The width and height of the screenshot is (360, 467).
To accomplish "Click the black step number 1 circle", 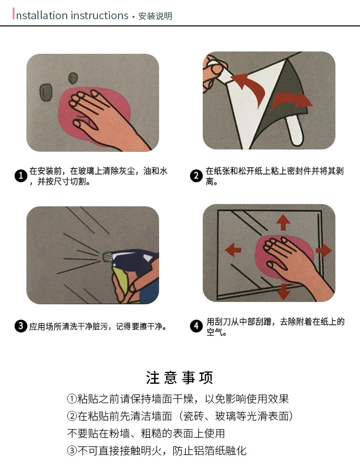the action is pos(21,176).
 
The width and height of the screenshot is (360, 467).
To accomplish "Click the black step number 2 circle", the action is pos(196,176).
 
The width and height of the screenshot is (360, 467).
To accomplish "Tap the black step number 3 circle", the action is pos(21,326).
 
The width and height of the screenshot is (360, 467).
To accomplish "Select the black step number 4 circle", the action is pos(196,326).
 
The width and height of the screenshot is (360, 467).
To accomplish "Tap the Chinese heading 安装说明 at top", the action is pos(155,16).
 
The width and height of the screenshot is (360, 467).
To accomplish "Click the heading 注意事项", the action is pos(180,378).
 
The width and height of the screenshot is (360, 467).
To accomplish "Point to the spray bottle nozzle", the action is pos(107,257).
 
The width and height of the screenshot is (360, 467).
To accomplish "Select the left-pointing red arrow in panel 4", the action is pos(233,250).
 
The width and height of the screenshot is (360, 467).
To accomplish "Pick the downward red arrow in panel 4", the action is pos(283,291).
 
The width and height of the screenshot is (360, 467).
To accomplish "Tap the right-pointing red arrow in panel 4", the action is pos(324,250).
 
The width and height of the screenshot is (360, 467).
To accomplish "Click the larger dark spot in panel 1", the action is pos(46,92).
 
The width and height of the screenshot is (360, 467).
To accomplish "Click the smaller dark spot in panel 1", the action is pos(73,78).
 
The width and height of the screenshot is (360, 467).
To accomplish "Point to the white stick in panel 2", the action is pos(295,131).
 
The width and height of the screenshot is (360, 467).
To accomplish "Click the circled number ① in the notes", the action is pos(72,398).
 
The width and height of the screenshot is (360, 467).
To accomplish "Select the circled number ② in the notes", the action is pos(72,416).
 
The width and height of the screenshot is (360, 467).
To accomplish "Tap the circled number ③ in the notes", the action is pos(72,450).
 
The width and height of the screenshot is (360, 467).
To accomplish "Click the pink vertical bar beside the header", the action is pos(13,14).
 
